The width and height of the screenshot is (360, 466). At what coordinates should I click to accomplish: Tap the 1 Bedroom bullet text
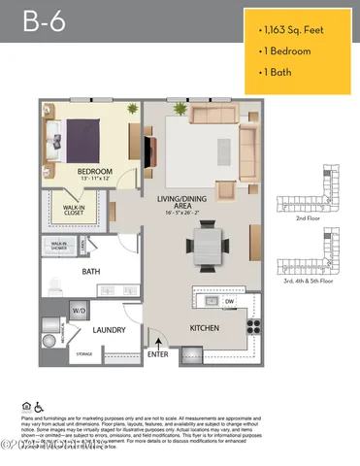[295, 50]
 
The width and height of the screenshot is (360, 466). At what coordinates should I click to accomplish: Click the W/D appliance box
[78, 311]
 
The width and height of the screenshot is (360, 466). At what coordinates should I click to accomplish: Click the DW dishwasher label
[229, 302]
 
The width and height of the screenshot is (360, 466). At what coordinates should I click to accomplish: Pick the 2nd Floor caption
[309, 221]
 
